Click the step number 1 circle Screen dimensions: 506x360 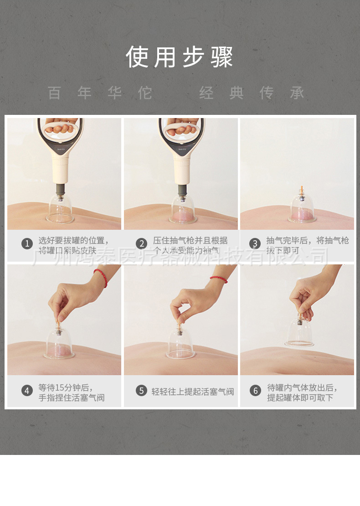click(x=27, y=244)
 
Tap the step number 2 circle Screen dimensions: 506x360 click(x=142, y=244)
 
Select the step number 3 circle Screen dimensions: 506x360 click(x=255, y=244)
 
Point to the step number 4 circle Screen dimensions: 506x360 click(x=27, y=391)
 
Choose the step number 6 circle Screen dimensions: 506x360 click(x=255, y=391)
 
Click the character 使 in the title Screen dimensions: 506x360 click(x=137, y=57)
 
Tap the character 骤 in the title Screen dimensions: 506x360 click(x=222, y=57)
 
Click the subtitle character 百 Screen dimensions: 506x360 click(x=54, y=93)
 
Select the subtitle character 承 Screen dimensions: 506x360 click(x=297, y=93)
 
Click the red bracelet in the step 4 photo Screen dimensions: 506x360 click(x=102, y=277)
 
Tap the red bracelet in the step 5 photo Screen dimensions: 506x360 click(x=219, y=279)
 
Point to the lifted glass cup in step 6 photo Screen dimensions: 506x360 click(x=299, y=333)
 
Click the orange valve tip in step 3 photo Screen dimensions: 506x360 click(x=301, y=187)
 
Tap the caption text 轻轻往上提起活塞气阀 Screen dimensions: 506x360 click(x=193, y=392)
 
